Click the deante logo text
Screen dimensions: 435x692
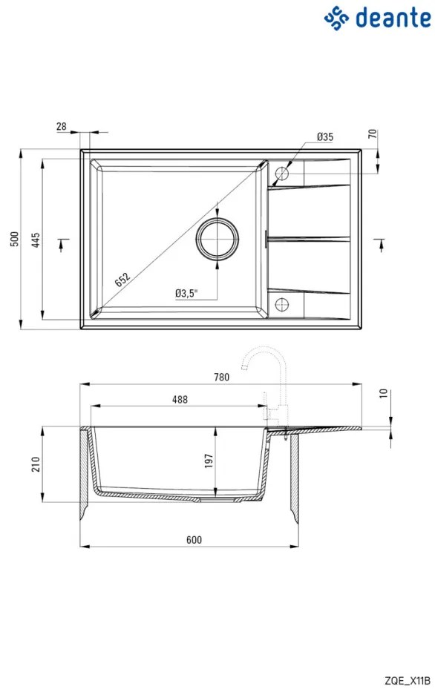click(x=393, y=18)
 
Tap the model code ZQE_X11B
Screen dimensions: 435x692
click(x=408, y=681)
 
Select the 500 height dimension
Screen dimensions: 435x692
click(x=16, y=239)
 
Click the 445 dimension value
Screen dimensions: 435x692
click(x=36, y=240)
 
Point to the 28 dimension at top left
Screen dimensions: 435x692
click(x=62, y=126)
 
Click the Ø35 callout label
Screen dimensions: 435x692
click(x=325, y=136)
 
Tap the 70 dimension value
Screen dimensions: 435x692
click(x=373, y=134)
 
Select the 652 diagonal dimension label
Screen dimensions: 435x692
click(x=122, y=280)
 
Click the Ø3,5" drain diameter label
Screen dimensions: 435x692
click(x=186, y=293)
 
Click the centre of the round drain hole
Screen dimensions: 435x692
click(x=218, y=239)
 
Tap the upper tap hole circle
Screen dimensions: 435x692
click(x=281, y=173)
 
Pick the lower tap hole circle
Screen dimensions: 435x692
click(x=281, y=304)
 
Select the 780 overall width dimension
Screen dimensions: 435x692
click(x=221, y=377)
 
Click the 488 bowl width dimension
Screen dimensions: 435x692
click(x=180, y=399)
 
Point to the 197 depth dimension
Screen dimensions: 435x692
click(x=209, y=461)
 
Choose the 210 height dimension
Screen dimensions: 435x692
click(x=36, y=464)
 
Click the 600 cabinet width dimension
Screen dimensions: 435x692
click(x=194, y=540)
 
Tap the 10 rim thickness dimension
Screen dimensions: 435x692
click(x=383, y=393)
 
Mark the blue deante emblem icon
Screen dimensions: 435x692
click(x=336, y=18)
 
